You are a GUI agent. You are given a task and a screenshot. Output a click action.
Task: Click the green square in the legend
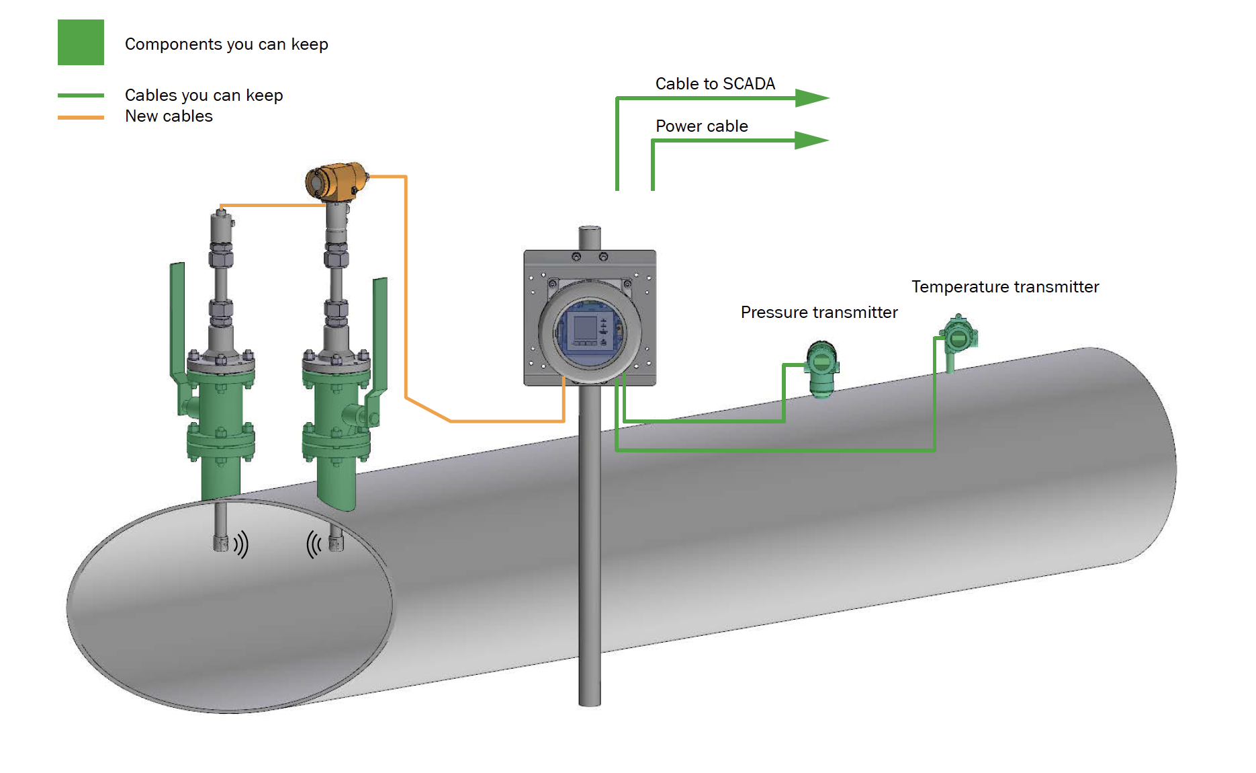[x=81, y=42]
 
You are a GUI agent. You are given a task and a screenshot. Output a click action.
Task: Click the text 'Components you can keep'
[x=226, y=44]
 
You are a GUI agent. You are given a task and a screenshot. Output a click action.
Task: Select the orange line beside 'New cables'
[x=81, y=118]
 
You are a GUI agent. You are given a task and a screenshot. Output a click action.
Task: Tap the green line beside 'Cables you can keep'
[x=81, y=95]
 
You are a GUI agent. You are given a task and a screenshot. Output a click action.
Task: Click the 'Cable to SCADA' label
[x=715, y=84]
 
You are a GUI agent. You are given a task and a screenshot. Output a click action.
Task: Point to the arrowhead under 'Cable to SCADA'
[x=811, y=98]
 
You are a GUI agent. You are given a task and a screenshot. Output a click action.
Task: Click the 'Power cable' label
[x=701, y=126]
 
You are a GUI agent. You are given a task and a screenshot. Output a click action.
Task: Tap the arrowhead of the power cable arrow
[x=811, y=140]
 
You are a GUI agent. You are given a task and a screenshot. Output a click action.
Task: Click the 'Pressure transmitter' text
[x=819, y=313]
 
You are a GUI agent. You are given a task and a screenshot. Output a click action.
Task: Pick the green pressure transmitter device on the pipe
[x=821, y=368]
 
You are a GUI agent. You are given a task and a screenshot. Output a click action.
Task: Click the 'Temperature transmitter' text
[x=1005, y=287]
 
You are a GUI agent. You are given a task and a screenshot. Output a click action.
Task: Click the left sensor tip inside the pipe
[x=220, y=542]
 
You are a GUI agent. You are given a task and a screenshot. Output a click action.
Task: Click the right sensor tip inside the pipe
[x=337, y=542]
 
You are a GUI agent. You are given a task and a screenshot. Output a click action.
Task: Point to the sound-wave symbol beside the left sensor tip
[x=241, y=544]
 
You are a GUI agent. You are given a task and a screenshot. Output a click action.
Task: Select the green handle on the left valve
[x=177, y=323]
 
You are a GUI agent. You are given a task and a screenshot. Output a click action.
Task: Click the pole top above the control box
[x=589, y=232]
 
